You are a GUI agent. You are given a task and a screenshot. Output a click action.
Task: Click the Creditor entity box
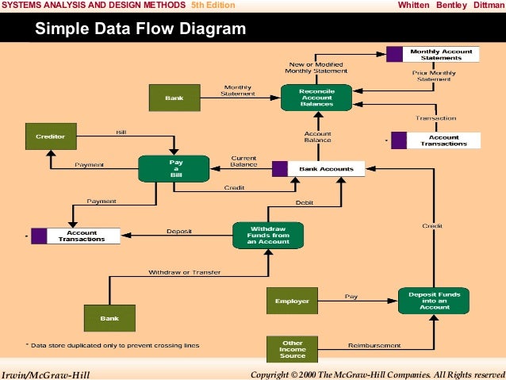(x=50, y=136)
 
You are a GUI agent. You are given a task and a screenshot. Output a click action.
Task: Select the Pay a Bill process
(x=173, y=168)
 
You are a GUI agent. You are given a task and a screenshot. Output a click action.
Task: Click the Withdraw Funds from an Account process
(x=267, y=234)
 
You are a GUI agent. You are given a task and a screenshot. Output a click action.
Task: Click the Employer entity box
(x=292, y=301)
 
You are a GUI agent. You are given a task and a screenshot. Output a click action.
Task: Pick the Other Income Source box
(x=292, y=347)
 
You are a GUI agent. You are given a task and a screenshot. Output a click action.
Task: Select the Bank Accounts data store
(x=324, y=169)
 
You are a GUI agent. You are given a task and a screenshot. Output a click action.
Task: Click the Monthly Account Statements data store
(x=440, y=55)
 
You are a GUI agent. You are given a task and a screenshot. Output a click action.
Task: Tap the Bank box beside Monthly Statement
(x=174, y=98)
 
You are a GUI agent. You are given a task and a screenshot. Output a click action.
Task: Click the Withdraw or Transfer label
(x=184, y=272)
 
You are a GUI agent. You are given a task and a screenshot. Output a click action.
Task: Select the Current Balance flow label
(x=243, y=161)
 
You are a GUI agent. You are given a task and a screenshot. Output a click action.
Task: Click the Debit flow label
(x=305, y=203)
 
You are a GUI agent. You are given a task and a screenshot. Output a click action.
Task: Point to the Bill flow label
(x=121, y=132)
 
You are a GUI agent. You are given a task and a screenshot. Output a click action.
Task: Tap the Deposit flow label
(x=178, y=232)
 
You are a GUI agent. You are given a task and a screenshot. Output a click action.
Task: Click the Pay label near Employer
(x=351, y=297)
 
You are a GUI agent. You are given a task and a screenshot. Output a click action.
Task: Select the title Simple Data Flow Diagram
(x=140, y=31)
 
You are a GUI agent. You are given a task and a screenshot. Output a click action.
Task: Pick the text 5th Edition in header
(x=213, y=5)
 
